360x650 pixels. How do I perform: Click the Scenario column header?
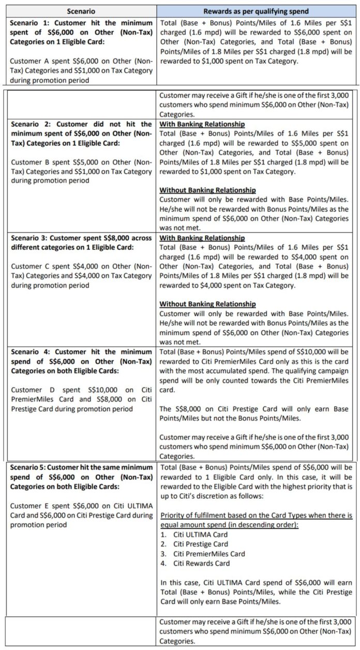[x=81, y=11]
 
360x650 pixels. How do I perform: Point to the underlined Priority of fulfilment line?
[x=256, y=515]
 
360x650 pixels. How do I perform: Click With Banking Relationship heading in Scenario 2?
[x=202, y=124]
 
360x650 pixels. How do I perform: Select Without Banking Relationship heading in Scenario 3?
[x=207, y=304]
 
